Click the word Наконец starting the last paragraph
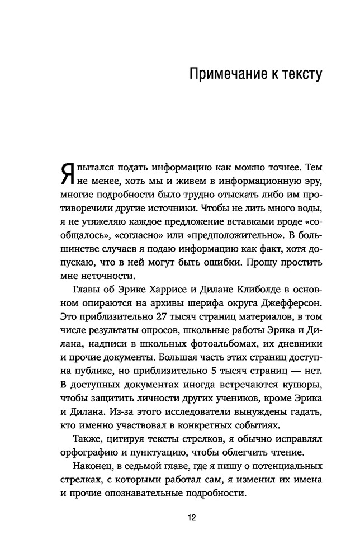pos(91,466)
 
